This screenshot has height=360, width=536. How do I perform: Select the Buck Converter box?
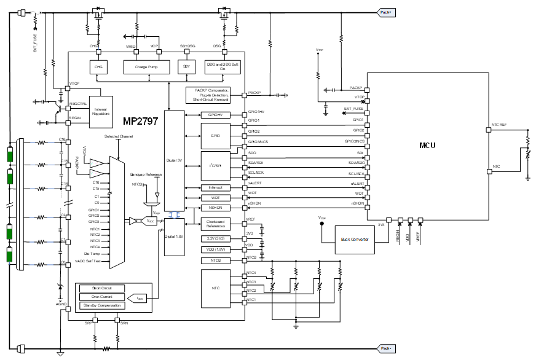(x=355, y=238)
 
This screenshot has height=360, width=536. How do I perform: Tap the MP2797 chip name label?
(x=140, y=122)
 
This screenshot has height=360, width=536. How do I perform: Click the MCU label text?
(x=428, y=146)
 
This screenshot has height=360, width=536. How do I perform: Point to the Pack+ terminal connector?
(x=385, y=12)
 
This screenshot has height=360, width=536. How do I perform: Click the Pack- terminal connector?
(x=385, y=348)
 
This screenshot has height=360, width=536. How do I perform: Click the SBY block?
(x=185, y=66)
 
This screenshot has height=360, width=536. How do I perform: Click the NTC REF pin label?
(x=499, y=124)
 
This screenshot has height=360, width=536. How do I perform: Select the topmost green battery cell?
(x=10, y=152)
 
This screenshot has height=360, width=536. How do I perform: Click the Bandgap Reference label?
(x=146, y=174)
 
